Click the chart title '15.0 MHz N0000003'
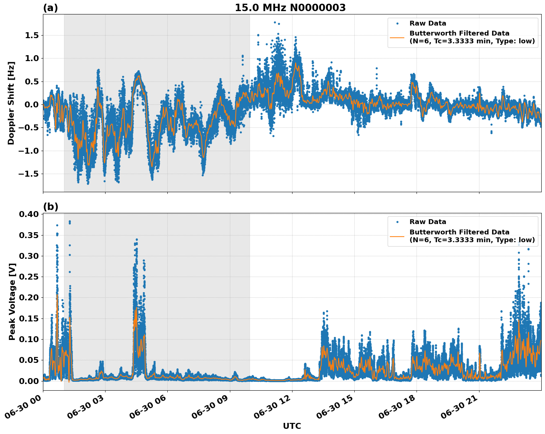coord(290,8)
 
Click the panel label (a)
coord(50,8)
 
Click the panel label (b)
coord(50,207)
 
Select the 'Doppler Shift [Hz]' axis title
coord(11,103)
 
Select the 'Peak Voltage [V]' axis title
coord(12,301)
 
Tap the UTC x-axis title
coord(292,426)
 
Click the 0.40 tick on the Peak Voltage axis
coord(29,214)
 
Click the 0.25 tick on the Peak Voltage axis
coord(29,277)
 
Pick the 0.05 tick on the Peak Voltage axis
coord(29,360)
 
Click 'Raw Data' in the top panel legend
coord(428,23)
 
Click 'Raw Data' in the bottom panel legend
coord(428,222)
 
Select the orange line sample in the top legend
coord(397,37)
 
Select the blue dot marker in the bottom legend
coord(397,222)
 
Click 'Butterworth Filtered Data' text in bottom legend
coord(459,232)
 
